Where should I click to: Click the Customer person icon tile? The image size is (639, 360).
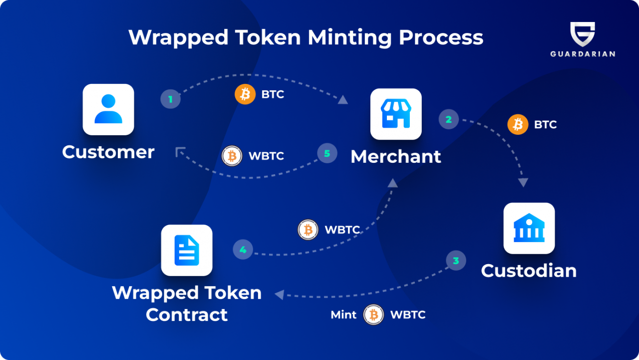coord(108,109)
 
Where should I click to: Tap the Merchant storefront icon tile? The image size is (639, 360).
coord(396,114)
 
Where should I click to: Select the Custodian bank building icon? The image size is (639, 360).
coord(529,228)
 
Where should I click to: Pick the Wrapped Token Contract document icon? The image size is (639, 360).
coord(187,250)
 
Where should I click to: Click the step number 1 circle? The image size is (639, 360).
coord(170,99)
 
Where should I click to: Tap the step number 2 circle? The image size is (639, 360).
coord(449,119)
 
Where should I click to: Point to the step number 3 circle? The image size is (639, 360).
coord(456,261)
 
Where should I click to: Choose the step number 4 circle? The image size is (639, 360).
coord(243,250)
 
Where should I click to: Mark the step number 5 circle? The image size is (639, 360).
coord(327,153)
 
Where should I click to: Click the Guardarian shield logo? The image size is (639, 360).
coord(583,34)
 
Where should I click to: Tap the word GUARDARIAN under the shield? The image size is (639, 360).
coord(583,54)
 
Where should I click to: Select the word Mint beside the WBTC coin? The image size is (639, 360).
coord(343,315)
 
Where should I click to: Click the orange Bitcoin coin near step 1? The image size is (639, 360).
coord(245,94)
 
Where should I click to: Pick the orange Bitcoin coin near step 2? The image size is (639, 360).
coord(518,124)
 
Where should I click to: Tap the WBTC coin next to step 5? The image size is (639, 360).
coord(232,156)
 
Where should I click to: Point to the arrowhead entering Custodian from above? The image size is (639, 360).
coord(523,183)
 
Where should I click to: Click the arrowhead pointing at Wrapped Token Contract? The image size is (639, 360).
coord(279,295)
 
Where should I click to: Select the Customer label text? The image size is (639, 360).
coord(108,152)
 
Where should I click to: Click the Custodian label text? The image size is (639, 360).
coord(529,271)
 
